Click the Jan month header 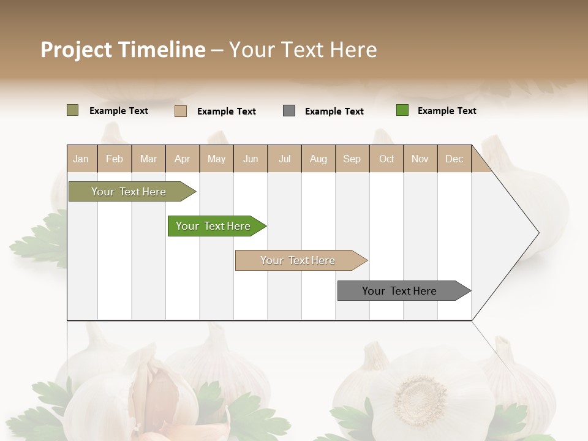(81, 159)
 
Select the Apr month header (183, 159)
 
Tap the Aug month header (318, 159)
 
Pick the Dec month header (454, 159)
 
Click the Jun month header (251, 159)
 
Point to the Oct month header (386, 159)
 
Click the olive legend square (72, 110)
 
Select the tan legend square (180, 111)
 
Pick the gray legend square (289, 111)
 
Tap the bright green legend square (402, 110)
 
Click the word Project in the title (76, 50)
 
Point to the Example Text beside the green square (447, 111)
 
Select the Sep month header (352, 159)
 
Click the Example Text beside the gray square (334, 111)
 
